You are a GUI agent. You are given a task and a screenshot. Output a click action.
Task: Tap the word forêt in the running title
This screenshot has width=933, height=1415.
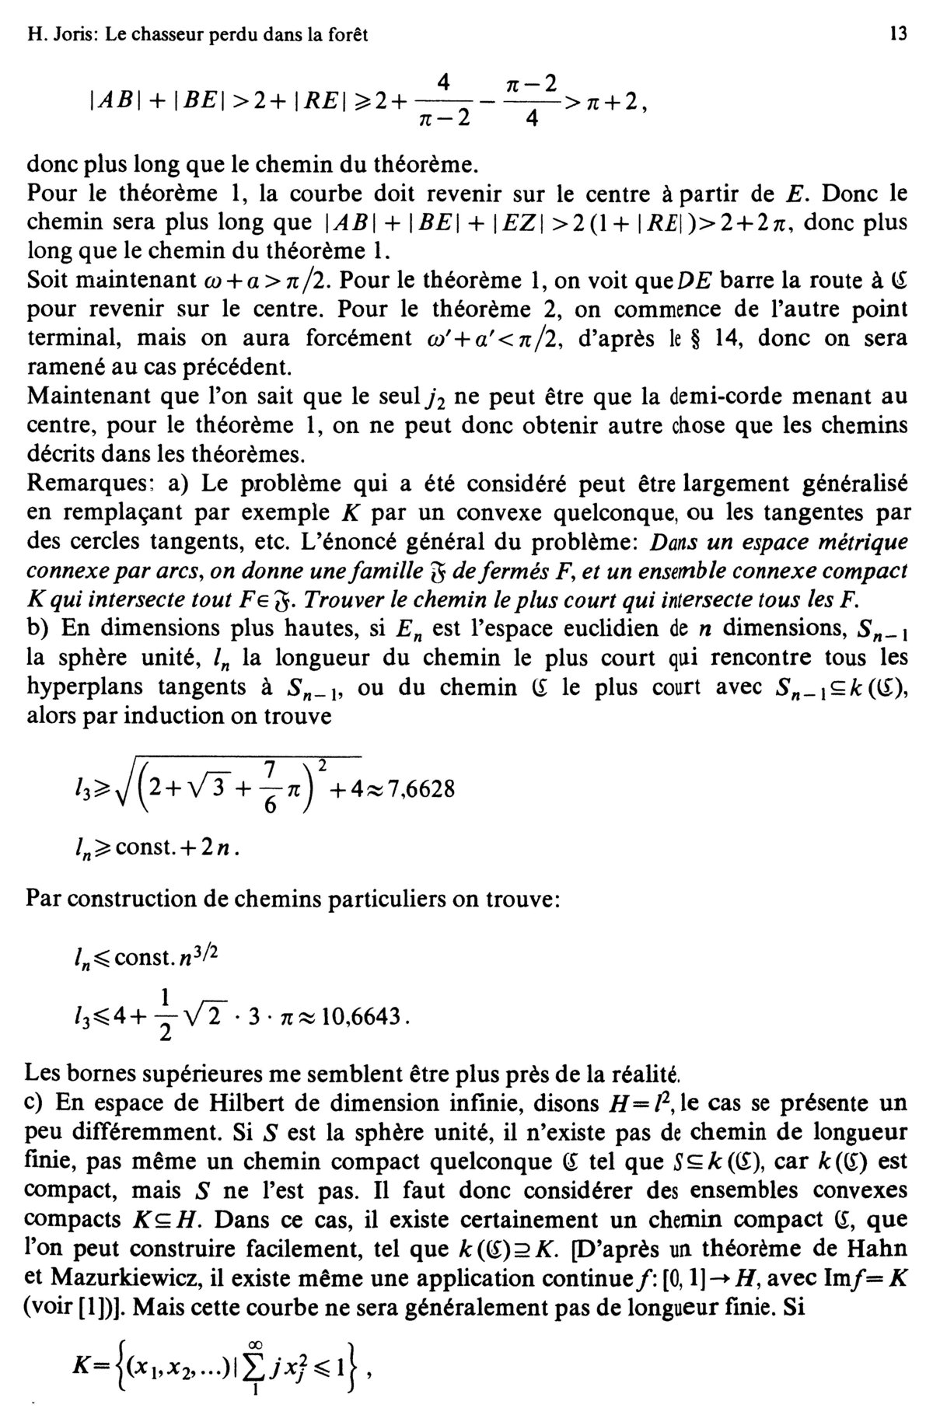tap(345, 35)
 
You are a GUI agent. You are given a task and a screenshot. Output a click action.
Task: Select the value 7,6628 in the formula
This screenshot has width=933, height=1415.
tap(413, 788)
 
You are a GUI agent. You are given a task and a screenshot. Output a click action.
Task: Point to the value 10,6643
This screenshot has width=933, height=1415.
tap(365, 1016)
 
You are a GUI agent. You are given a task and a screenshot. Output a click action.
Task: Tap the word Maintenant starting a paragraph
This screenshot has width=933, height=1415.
tap(87, 397)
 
